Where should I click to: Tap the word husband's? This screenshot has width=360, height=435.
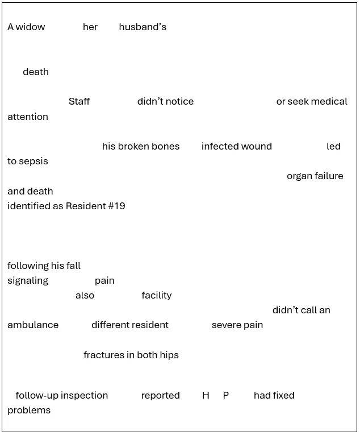coord(143,27)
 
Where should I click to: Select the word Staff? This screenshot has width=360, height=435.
coord(79,102)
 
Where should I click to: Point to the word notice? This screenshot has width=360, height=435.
coord(179,102)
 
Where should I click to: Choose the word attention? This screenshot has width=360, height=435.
coord(28,117)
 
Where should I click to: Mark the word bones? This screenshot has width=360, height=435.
coord(166,147)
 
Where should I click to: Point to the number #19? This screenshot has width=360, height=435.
coord(116,206)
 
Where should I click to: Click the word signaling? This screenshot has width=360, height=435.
coord(28,281)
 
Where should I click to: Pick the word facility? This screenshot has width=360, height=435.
coord(157,296)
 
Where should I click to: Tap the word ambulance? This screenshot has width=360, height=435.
coord(33,325)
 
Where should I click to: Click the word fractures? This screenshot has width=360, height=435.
coord(104,355)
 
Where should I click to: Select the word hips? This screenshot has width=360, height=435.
coord(169,355)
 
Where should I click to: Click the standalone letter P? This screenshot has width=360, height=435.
coord(225,396)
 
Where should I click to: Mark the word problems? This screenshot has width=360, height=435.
coord(29,411)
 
